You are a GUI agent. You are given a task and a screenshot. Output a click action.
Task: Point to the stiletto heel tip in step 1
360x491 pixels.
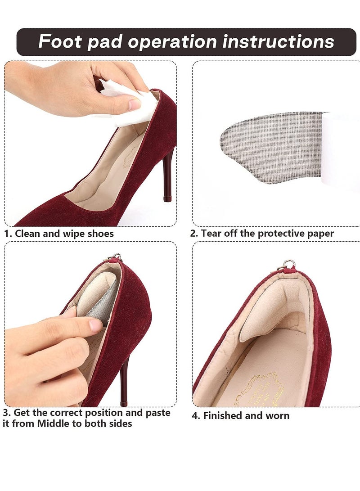167,198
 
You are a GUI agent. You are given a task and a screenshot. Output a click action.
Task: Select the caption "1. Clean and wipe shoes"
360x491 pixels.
59,234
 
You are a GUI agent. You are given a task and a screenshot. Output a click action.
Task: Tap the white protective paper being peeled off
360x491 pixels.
341,149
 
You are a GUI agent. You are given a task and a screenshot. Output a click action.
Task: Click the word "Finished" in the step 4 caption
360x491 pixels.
223,415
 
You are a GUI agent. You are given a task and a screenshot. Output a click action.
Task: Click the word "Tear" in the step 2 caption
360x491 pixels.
210,234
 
